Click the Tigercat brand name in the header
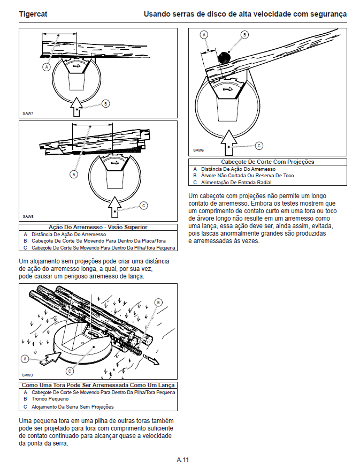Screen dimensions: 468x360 tap(33, 14)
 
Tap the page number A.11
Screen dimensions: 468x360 tap(183, 459)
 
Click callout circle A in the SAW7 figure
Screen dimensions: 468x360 tap(47, 67)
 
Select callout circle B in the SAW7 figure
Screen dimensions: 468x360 tap(105, 103)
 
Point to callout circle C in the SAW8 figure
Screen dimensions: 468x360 tap(143, 206)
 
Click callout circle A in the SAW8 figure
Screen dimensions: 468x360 tap(74, 174)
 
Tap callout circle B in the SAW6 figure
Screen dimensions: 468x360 tap(244, 35)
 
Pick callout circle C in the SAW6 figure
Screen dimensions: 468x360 tap(259, 145)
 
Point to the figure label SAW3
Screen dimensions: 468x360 tap(28, 375)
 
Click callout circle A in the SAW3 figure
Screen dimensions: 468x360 tap(25, 358)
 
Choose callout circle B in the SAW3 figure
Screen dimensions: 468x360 tap(158, 303)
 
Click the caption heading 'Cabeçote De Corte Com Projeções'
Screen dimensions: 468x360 tap(267, 162)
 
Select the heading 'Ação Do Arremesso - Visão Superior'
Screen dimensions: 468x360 tap(98, 227)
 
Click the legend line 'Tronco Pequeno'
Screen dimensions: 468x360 tap(50, 399)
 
